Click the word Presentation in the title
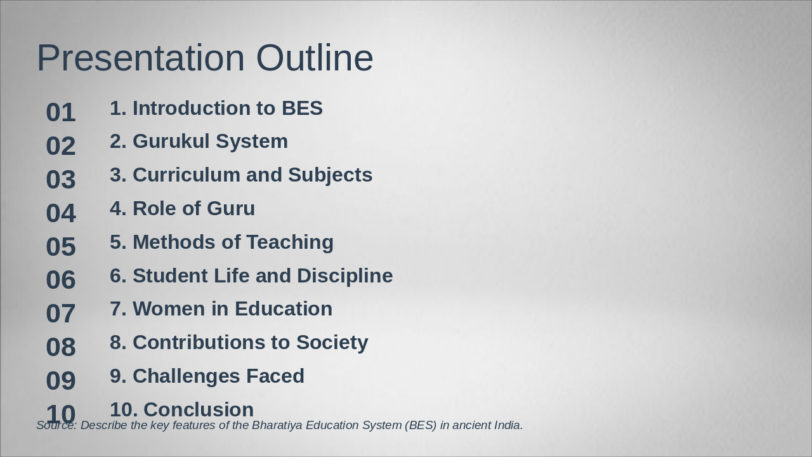[x=140, y=58]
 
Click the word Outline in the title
[x=315, y=58]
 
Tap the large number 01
[x=61, y=113]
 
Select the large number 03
[x=61, y=180]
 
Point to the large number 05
[x=61, y=247]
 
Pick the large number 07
[x=61, y=314]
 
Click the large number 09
[x=61, y=381]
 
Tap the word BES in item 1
[x=302, y=109]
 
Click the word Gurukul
[x=171, y=142]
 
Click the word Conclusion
[x=199, y=410]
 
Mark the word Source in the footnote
[x=56, y=425]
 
